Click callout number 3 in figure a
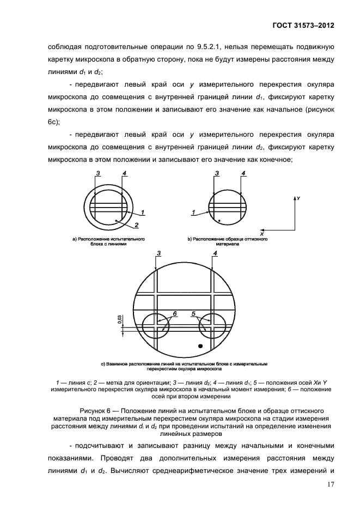point(97,174)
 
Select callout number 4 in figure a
point(125,174)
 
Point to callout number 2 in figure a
point(137,225)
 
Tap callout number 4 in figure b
point(243,174)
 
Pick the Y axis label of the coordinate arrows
point(298,199)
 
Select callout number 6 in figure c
point(175,314)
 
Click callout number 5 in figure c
point(193,314)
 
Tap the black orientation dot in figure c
point(200,345)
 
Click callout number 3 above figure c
point(158,253)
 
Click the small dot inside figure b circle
point(218,221)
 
